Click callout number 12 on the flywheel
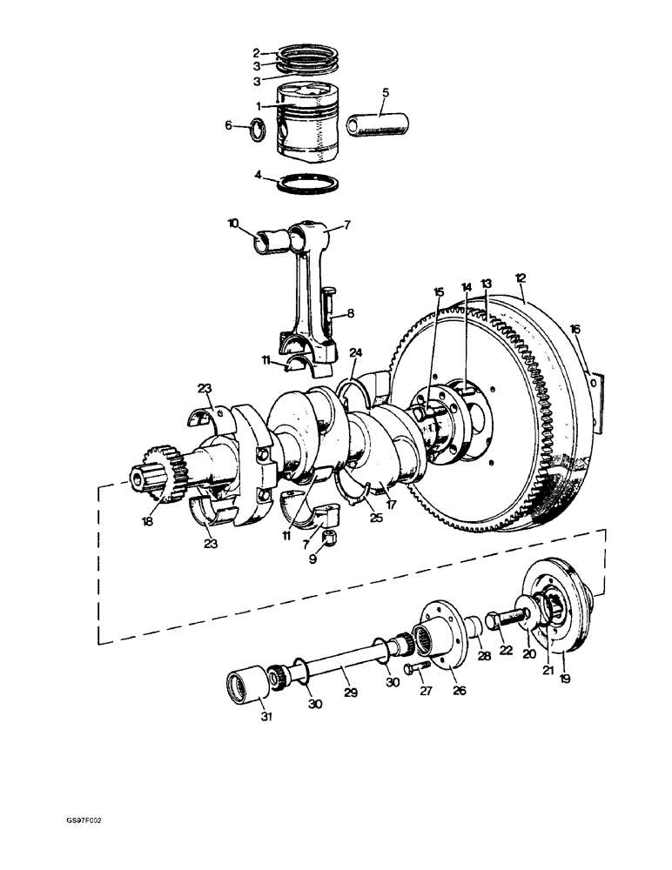point(521,279)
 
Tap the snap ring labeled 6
point(259,131)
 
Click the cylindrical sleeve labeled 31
point(246,682)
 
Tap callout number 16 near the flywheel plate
point(575,330)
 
